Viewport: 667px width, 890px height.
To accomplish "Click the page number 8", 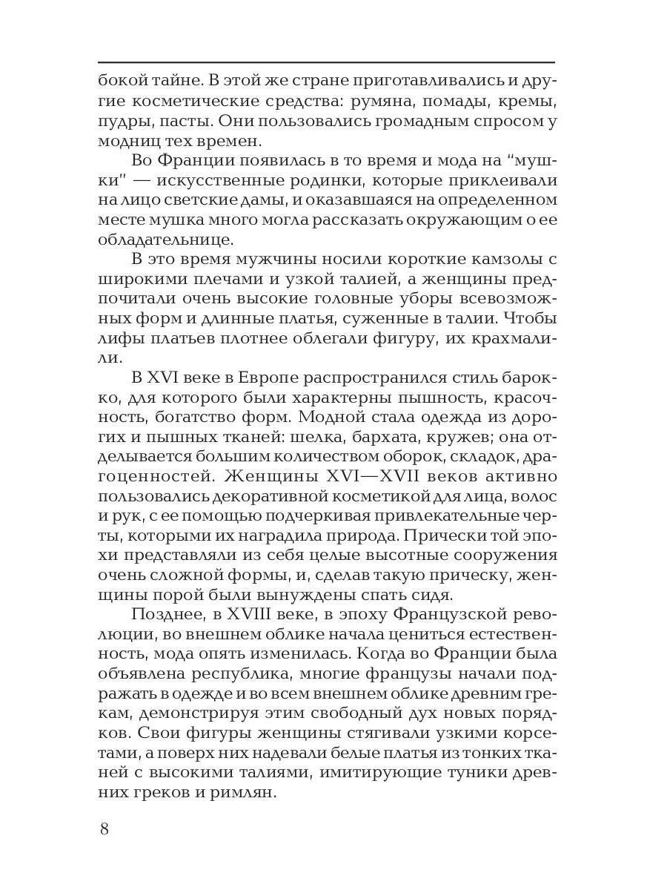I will pyautogui.click(x=104, y=828).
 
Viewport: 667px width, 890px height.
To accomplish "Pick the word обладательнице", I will pyautogui.click(x=165, y=240).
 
